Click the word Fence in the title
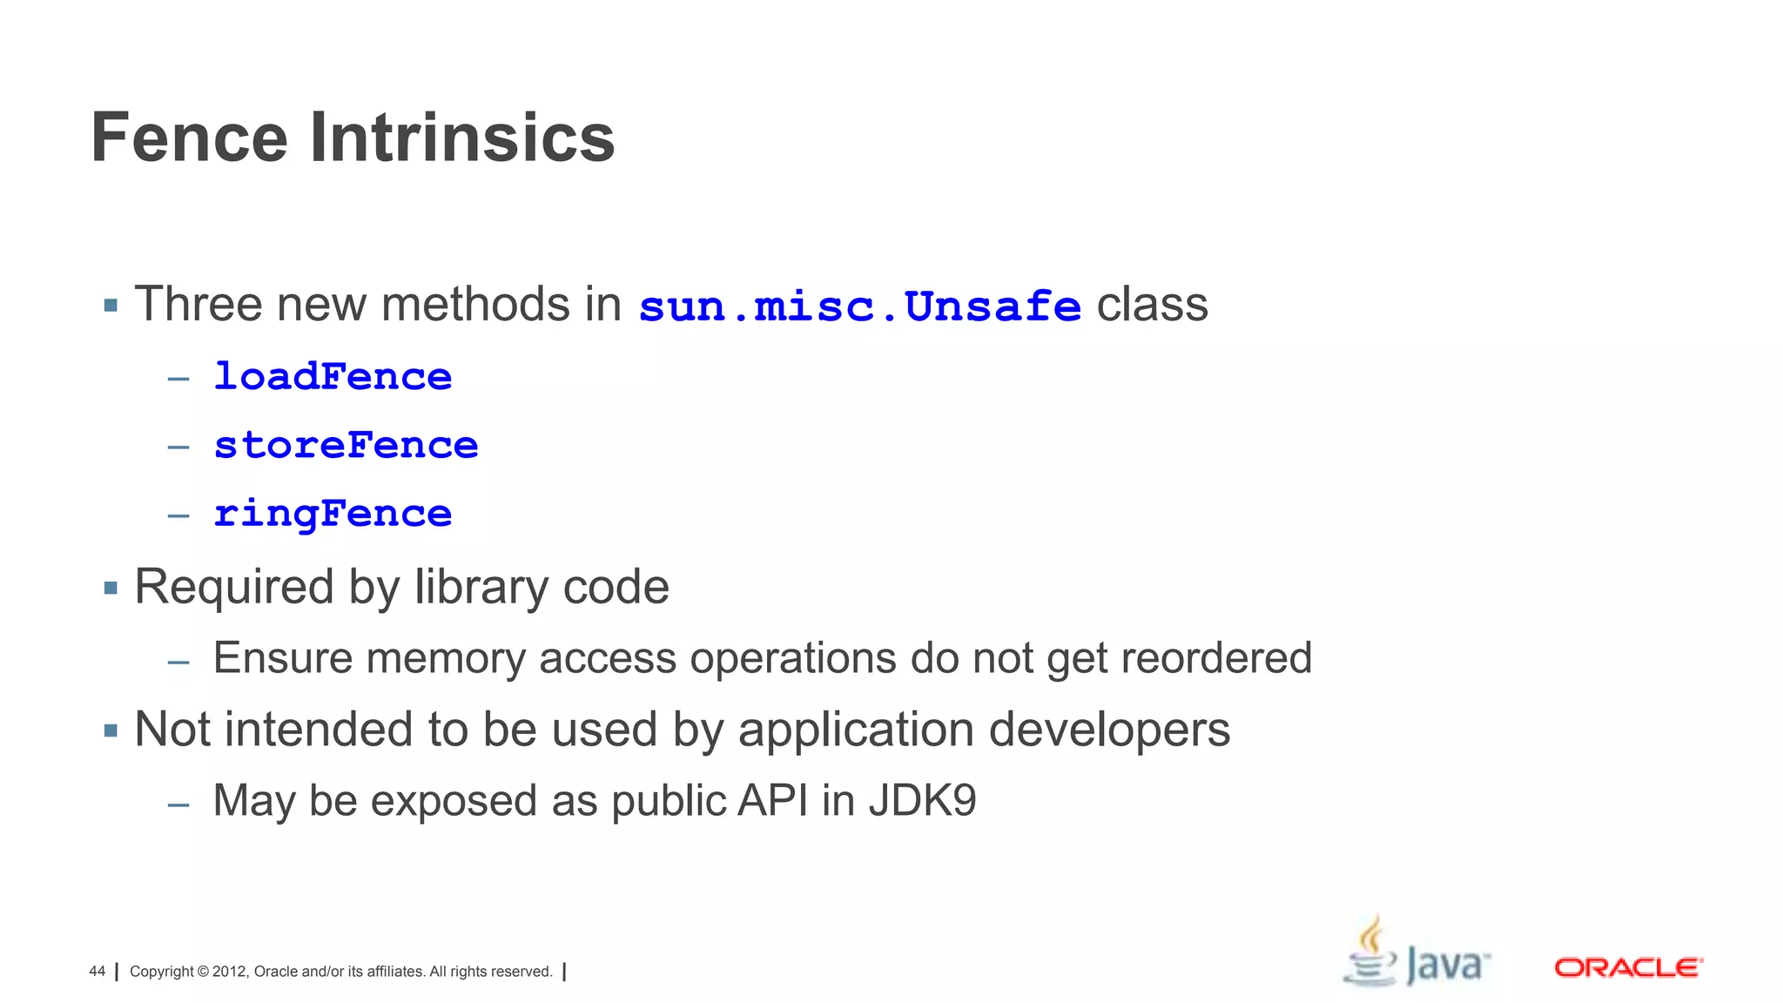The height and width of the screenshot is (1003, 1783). point(189,138)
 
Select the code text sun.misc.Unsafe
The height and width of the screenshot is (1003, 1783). point(859,306)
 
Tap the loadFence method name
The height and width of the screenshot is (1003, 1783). point(333,377)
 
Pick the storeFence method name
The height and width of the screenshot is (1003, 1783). point(346,446)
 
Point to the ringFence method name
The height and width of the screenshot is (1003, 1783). point(333,514)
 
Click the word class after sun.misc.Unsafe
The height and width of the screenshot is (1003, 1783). point(1152,305)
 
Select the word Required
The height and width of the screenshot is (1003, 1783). point(233,587)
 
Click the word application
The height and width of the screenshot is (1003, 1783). point(856,730)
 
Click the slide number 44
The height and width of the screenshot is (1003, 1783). point(97,972)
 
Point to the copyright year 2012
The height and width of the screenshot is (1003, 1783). point(230,972)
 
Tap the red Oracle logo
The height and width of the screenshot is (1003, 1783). point(1628,967)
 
